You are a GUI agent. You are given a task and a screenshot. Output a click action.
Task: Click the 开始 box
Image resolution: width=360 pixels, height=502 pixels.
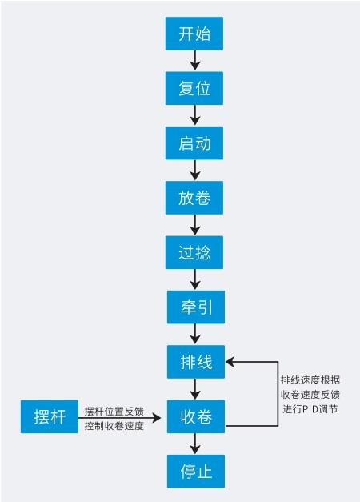[x=194, y=34]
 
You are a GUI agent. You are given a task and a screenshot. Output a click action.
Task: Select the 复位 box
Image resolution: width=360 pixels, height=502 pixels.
[x=194, y=88]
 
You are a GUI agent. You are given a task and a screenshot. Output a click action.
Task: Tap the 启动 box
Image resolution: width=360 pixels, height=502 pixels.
[x=194, y=143]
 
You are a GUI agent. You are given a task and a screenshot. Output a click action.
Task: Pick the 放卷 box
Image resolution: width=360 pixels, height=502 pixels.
[x=194, y=198]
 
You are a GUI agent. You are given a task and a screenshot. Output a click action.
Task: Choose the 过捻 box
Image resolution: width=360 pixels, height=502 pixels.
[x=194, y=252]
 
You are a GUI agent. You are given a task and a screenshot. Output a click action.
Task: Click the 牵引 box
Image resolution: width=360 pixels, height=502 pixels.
[x=196, y=307]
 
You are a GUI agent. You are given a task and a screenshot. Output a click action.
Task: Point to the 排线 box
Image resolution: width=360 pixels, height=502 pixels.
[x=196, y=362]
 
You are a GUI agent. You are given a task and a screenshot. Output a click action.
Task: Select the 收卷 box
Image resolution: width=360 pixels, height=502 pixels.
[x=196, y=417]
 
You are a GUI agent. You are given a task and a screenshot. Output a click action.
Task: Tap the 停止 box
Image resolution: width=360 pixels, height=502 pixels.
[x=196, y=472]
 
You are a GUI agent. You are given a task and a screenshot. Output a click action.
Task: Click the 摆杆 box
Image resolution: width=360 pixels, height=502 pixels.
[x=50, y=417]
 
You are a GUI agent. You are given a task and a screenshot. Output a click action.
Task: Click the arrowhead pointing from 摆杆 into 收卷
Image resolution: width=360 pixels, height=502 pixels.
[x=157, y=417]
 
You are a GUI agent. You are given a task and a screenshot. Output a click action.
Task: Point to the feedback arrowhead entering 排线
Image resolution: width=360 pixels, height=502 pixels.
[x=230, y=362]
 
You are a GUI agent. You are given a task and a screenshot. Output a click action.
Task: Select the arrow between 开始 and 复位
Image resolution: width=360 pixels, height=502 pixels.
[x=195, y=60]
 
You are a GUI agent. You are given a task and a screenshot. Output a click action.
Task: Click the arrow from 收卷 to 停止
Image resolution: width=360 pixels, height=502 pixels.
[x=195, y=444]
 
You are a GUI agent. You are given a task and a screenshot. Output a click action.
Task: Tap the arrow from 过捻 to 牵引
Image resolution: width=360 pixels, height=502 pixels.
[x=195, y=279]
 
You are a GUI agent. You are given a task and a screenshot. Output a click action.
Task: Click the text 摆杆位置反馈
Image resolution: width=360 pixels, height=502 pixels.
[x=114, y=411]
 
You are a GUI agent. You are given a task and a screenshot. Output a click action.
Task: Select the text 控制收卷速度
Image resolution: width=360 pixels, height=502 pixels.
[x=114, y=426]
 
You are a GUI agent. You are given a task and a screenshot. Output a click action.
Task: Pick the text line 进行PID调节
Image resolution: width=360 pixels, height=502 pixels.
[x=310, y=409]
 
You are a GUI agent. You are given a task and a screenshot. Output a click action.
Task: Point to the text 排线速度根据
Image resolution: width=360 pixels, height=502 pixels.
[x=310, y=380]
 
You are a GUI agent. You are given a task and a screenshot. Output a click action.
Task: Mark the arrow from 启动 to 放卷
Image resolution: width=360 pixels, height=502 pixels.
[x=195, y=170]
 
